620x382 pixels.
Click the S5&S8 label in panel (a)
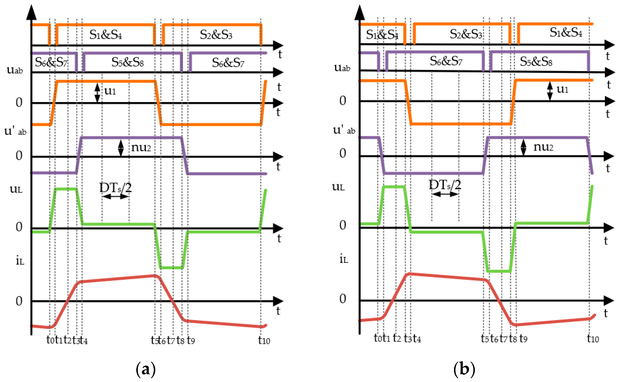click(127, 62)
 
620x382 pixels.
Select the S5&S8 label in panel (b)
click(536, 61)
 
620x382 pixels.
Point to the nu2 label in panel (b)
click(543, 147)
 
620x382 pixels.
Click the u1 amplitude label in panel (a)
click(110, 90)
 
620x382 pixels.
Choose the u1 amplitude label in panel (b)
click(562, 89)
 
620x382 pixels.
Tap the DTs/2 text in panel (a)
click(116, 188)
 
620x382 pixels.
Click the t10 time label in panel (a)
click(264, 340)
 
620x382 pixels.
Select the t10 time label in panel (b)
click(593, 338)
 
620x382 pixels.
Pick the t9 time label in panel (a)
click(191, 340)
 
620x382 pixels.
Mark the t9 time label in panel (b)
click(523, 338)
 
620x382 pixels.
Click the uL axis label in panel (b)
click(338, 187)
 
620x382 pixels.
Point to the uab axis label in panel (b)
click(342, 67)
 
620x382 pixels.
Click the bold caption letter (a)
click(145, 369)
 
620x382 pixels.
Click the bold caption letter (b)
click(464, 369)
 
